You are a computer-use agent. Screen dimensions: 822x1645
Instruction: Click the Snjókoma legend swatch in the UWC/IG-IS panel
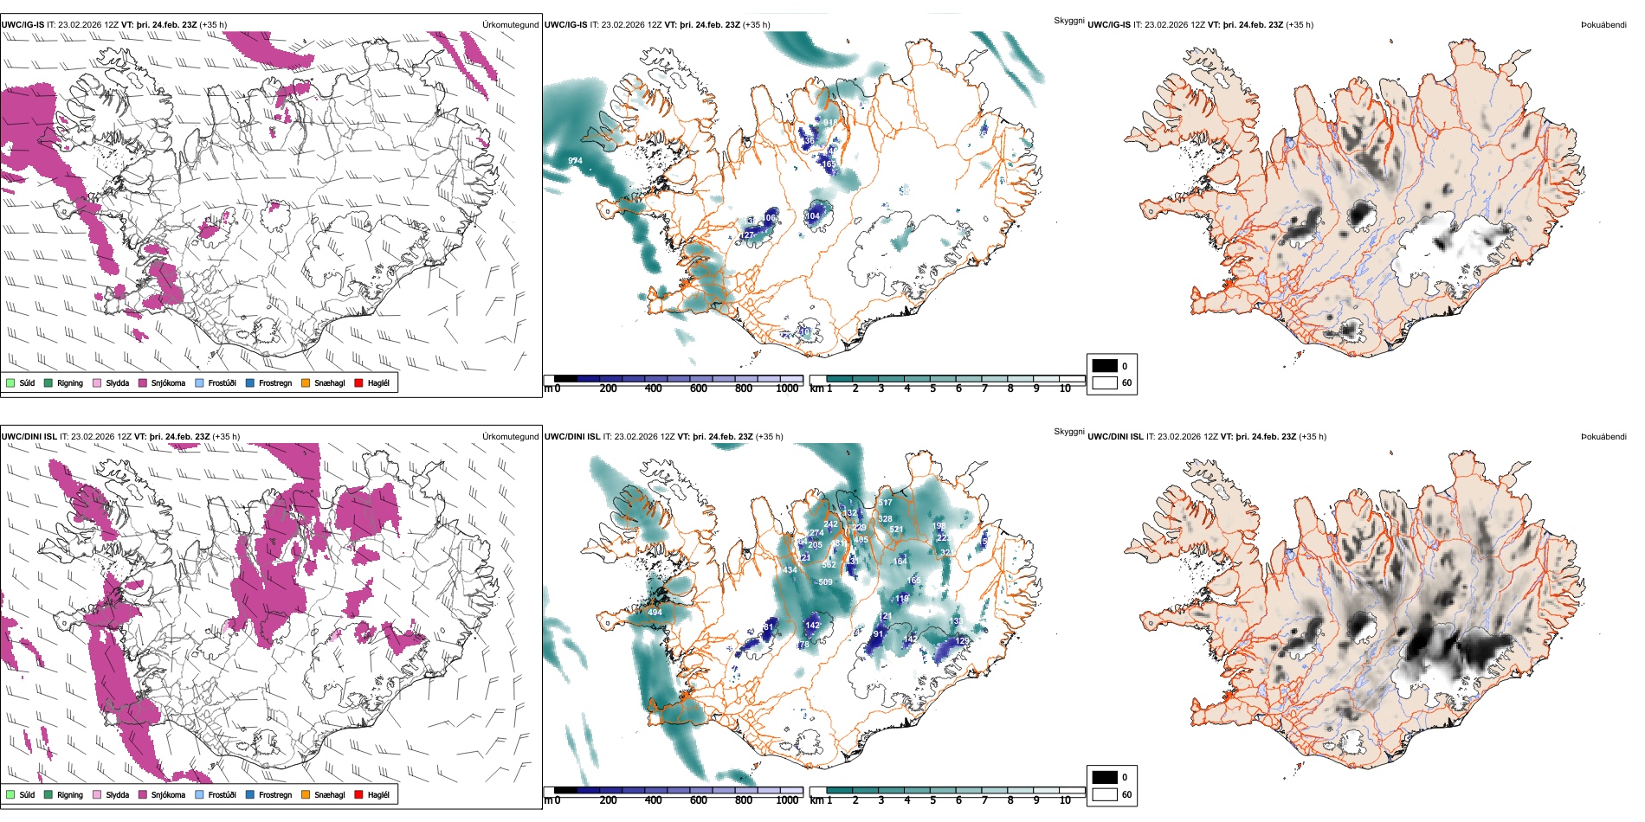pos(143,383)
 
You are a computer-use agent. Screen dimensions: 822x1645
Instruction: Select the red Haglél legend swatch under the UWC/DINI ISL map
pos(359,795)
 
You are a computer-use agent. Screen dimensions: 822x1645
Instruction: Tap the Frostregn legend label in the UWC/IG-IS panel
pos(275,383)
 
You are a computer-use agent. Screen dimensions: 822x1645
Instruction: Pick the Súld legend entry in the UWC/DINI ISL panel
pos(27,795)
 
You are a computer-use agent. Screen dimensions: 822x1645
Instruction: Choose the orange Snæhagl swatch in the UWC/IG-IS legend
pos(306,383)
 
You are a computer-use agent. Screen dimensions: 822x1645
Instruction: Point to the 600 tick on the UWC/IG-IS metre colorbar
pos(699,389)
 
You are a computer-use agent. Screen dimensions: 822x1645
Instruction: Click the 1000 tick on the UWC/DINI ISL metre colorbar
pos(787,800)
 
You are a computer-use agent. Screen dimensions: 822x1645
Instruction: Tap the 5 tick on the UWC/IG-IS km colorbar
pos(933,389)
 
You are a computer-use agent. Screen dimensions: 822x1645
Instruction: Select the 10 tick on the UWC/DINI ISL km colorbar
pos(1065,800)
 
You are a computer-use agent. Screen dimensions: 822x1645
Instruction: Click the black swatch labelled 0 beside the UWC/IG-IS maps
pos(1105,366)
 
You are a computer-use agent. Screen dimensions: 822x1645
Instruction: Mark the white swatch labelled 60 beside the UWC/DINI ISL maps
pos(1105,794)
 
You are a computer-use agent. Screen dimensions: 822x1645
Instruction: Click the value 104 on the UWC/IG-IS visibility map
pos(813,216)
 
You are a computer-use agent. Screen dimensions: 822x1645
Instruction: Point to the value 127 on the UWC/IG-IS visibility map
pos(747,235)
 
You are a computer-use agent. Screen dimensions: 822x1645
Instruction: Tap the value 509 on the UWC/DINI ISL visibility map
pos(825,582)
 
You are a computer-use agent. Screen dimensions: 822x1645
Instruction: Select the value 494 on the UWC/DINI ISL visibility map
pos(655,613)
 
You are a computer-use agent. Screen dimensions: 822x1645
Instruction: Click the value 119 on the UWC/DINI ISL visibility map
pos(902,599)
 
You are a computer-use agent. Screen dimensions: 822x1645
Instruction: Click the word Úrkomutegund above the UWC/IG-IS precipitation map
pos(510,25)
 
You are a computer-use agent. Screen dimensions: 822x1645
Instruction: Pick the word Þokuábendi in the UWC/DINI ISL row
pos(1603,437)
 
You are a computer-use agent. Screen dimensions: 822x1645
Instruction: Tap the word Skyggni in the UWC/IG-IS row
pos(1069,21)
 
